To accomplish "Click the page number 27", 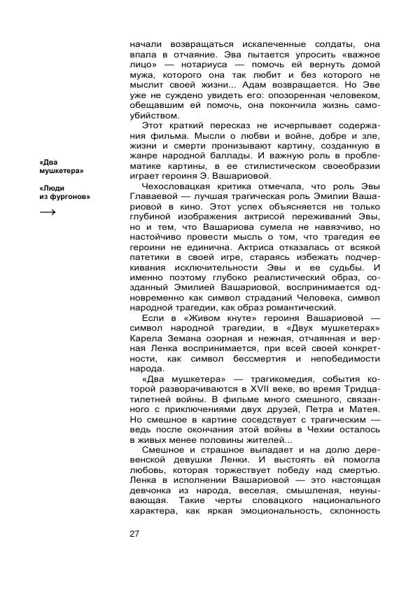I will coord(135,535).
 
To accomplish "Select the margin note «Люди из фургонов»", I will coord(65,193).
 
